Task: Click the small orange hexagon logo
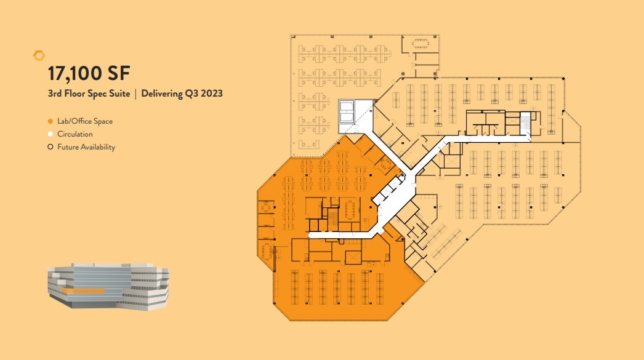coord(39,55)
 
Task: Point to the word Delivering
coord(163,94)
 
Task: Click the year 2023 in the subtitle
coord(211,94)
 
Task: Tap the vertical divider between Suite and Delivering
coord(135,94)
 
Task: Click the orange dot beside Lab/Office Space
coord(50,121)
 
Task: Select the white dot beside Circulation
coord(50,134)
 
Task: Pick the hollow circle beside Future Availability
coord(50,147)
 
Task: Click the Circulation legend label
coord(75,134)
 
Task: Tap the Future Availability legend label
coord(86,147)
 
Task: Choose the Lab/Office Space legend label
coord(85,121)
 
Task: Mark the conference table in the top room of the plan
coord(421,42)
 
